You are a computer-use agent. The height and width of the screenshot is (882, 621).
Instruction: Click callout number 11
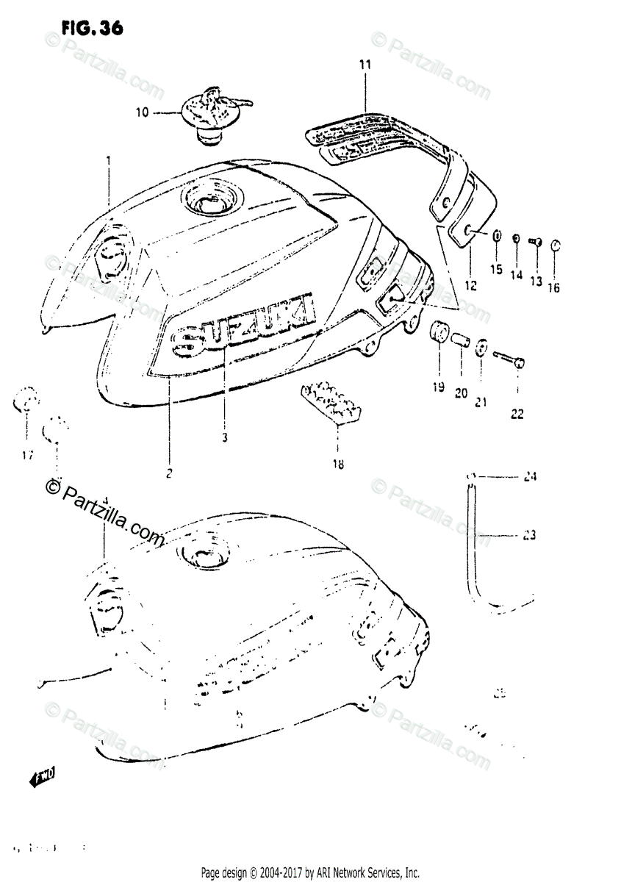pyautogui.click(x=365, y=65)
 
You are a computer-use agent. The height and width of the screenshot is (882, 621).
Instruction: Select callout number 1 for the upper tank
pyautogui.click(x=108, y=159)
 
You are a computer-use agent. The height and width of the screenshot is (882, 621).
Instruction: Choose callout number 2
pyautogui.click(x=169, y=473)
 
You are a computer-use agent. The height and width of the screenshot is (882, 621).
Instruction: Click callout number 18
pyautogui.click(x=337, y=464)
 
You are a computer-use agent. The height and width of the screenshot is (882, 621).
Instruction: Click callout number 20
pyautogui.click(x=461, y=393)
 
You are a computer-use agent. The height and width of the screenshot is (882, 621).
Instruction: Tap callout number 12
pyautogui.click(x=470, y=285)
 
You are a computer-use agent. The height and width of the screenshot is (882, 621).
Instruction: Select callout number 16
pyautogui.click(x=553, y=288)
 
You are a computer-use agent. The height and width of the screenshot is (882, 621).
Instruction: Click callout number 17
pyautogui.click(x=27, y=456)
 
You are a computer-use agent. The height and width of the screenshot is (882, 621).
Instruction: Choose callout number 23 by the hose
pyautogui.click(x=529, y=535)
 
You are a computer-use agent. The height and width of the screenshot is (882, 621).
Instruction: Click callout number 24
pyautogui.click(x=528, y=476)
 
